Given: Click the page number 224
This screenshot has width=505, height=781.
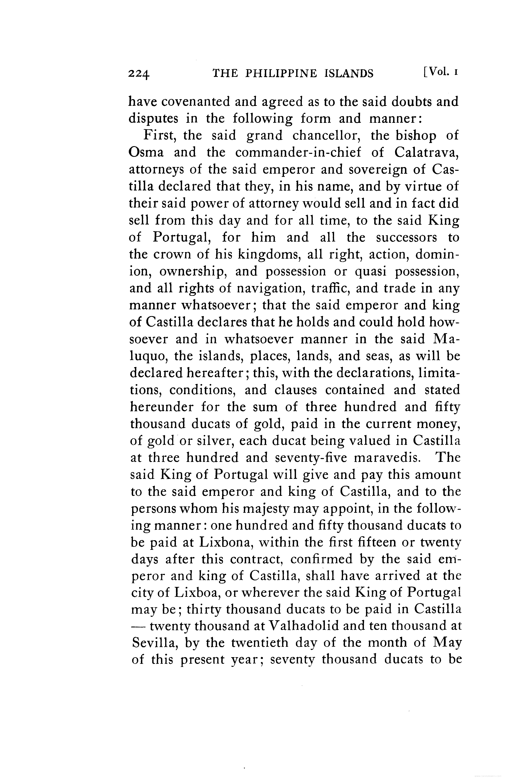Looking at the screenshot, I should pos(139,74).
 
